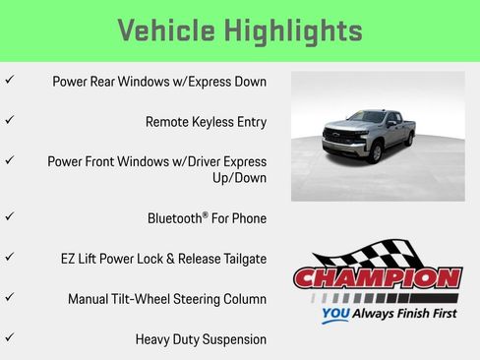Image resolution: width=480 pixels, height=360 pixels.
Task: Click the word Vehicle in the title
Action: pyautogui.click(x=167, y=30)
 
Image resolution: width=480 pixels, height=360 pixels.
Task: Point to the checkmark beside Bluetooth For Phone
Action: pyautogui.click(x=9, y=214)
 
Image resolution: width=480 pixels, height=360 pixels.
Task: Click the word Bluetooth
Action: pyautogui.click(x=176, y=217)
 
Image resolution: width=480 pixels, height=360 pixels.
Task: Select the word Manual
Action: pyautogui.click(x=91, y=298)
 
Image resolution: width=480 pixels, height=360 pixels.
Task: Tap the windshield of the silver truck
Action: pyautogui.click(x=365, y=119)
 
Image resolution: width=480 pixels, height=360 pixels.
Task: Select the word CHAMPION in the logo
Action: pyautogui.click(x=378, y=278)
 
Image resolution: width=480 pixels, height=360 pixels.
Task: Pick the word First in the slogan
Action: pyautogui.click(x=440, y=316)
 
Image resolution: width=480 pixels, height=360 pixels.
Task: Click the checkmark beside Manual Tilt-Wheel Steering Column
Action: pyautogui.click(x=9, y=295)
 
